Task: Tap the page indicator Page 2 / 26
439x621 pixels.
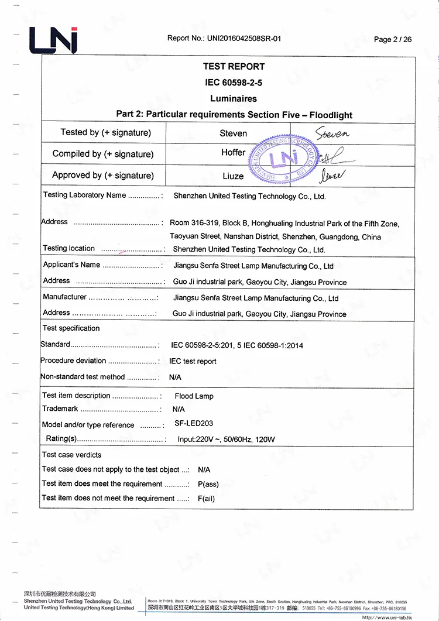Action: [392, 39]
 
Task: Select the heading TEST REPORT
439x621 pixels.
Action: [234, 67]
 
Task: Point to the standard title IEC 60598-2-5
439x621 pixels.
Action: [234, 83]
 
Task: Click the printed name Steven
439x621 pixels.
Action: [233, 133]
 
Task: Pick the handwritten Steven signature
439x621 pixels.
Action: [332, 133]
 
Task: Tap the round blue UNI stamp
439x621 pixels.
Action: [279, 160]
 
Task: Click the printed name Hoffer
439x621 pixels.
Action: [233, 153]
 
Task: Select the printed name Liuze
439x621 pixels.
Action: [233, 176]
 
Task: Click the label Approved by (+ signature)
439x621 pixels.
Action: [103, 176]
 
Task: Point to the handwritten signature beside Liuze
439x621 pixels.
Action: [332, 174]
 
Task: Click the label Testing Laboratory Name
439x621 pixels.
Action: [84, 195]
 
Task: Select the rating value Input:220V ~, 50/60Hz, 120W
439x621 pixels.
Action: [226, 440]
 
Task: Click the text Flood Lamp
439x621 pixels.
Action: [194, 396]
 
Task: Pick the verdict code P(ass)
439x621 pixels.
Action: [208, 484]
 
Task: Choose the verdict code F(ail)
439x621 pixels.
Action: [206, 499]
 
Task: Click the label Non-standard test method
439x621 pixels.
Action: [83, 377]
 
